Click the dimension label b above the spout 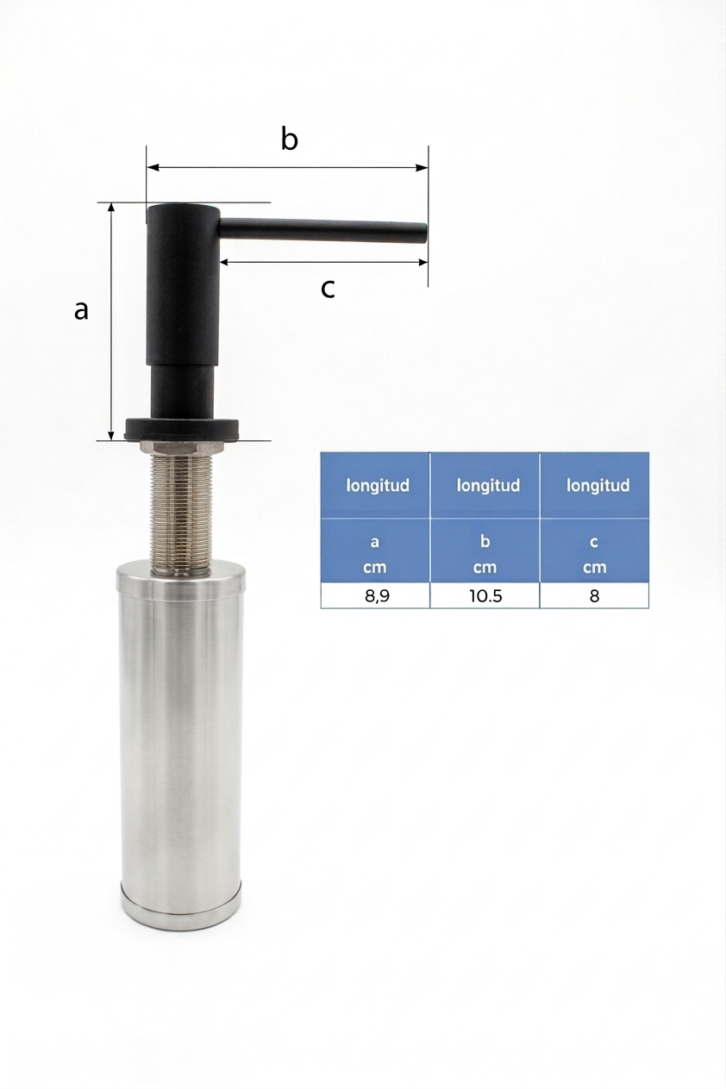pyautogui.click(x=290, y=139)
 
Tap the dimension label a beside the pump pyautogui.click(x=81, y=310)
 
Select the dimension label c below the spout pyautogui.click(x=328, y=289)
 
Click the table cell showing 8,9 pyautogui.click(x=375, y=595)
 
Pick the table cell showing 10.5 pyautogui.click(x=485, y=595)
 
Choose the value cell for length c pyautogui.click(x=594, y=595)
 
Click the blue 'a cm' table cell pyautogui.click(x=375, y=551)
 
